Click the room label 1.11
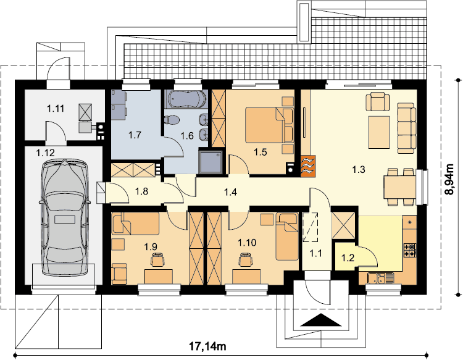56,109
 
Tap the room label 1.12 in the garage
46,153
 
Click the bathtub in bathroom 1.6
185,99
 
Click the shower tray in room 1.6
211,162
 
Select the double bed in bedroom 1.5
269,125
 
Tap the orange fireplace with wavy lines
308,166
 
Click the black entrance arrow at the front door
320,320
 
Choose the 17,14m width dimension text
207,346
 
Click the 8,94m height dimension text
449,179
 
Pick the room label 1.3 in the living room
359,170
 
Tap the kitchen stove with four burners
410,250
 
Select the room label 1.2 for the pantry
348,258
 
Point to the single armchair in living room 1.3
378,101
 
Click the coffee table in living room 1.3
379,132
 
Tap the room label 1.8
141,191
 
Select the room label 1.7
135,135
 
